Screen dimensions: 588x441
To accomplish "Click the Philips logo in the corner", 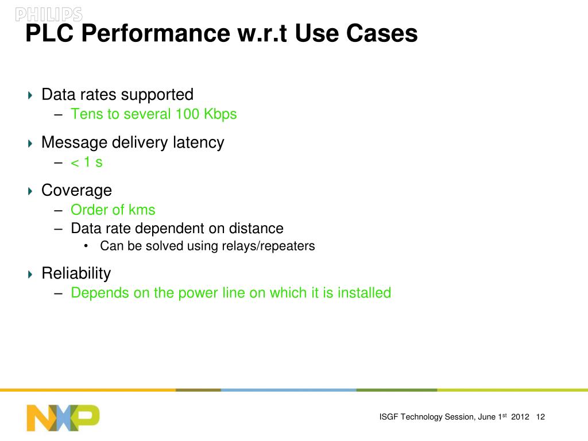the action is click(x=48, y=14).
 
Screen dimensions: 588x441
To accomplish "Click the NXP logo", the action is click(x=63, y=417).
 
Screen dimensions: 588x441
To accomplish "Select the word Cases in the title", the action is click(x=382, y=34).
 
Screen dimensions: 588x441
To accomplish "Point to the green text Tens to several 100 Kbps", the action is click(x=153, y=114).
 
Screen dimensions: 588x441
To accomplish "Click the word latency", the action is click(x=199, y=142).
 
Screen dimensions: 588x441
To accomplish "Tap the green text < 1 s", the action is click(x=86, y=162).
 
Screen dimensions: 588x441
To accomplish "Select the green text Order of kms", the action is click(x=113, y=210).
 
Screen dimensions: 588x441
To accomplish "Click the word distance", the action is click(x=256, y=228).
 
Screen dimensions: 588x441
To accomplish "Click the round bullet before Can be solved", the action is click(x=86, y=246).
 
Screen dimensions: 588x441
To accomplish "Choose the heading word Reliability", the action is click(x=76, y=273).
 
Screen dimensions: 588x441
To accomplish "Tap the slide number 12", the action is click(x=540, y=417).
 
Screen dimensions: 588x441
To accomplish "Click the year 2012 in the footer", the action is click(x=520, y=417).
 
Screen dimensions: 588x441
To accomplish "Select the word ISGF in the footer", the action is click(x=389, y=417).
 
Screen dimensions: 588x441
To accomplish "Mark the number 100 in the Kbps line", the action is click(x=187, y=114).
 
